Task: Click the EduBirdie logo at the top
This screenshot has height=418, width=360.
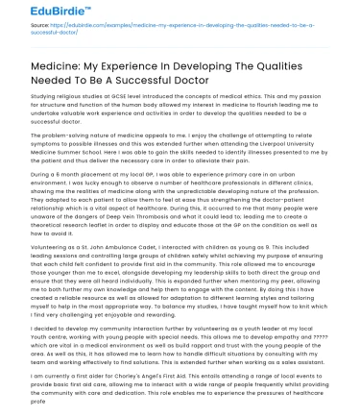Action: coord(38,14)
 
